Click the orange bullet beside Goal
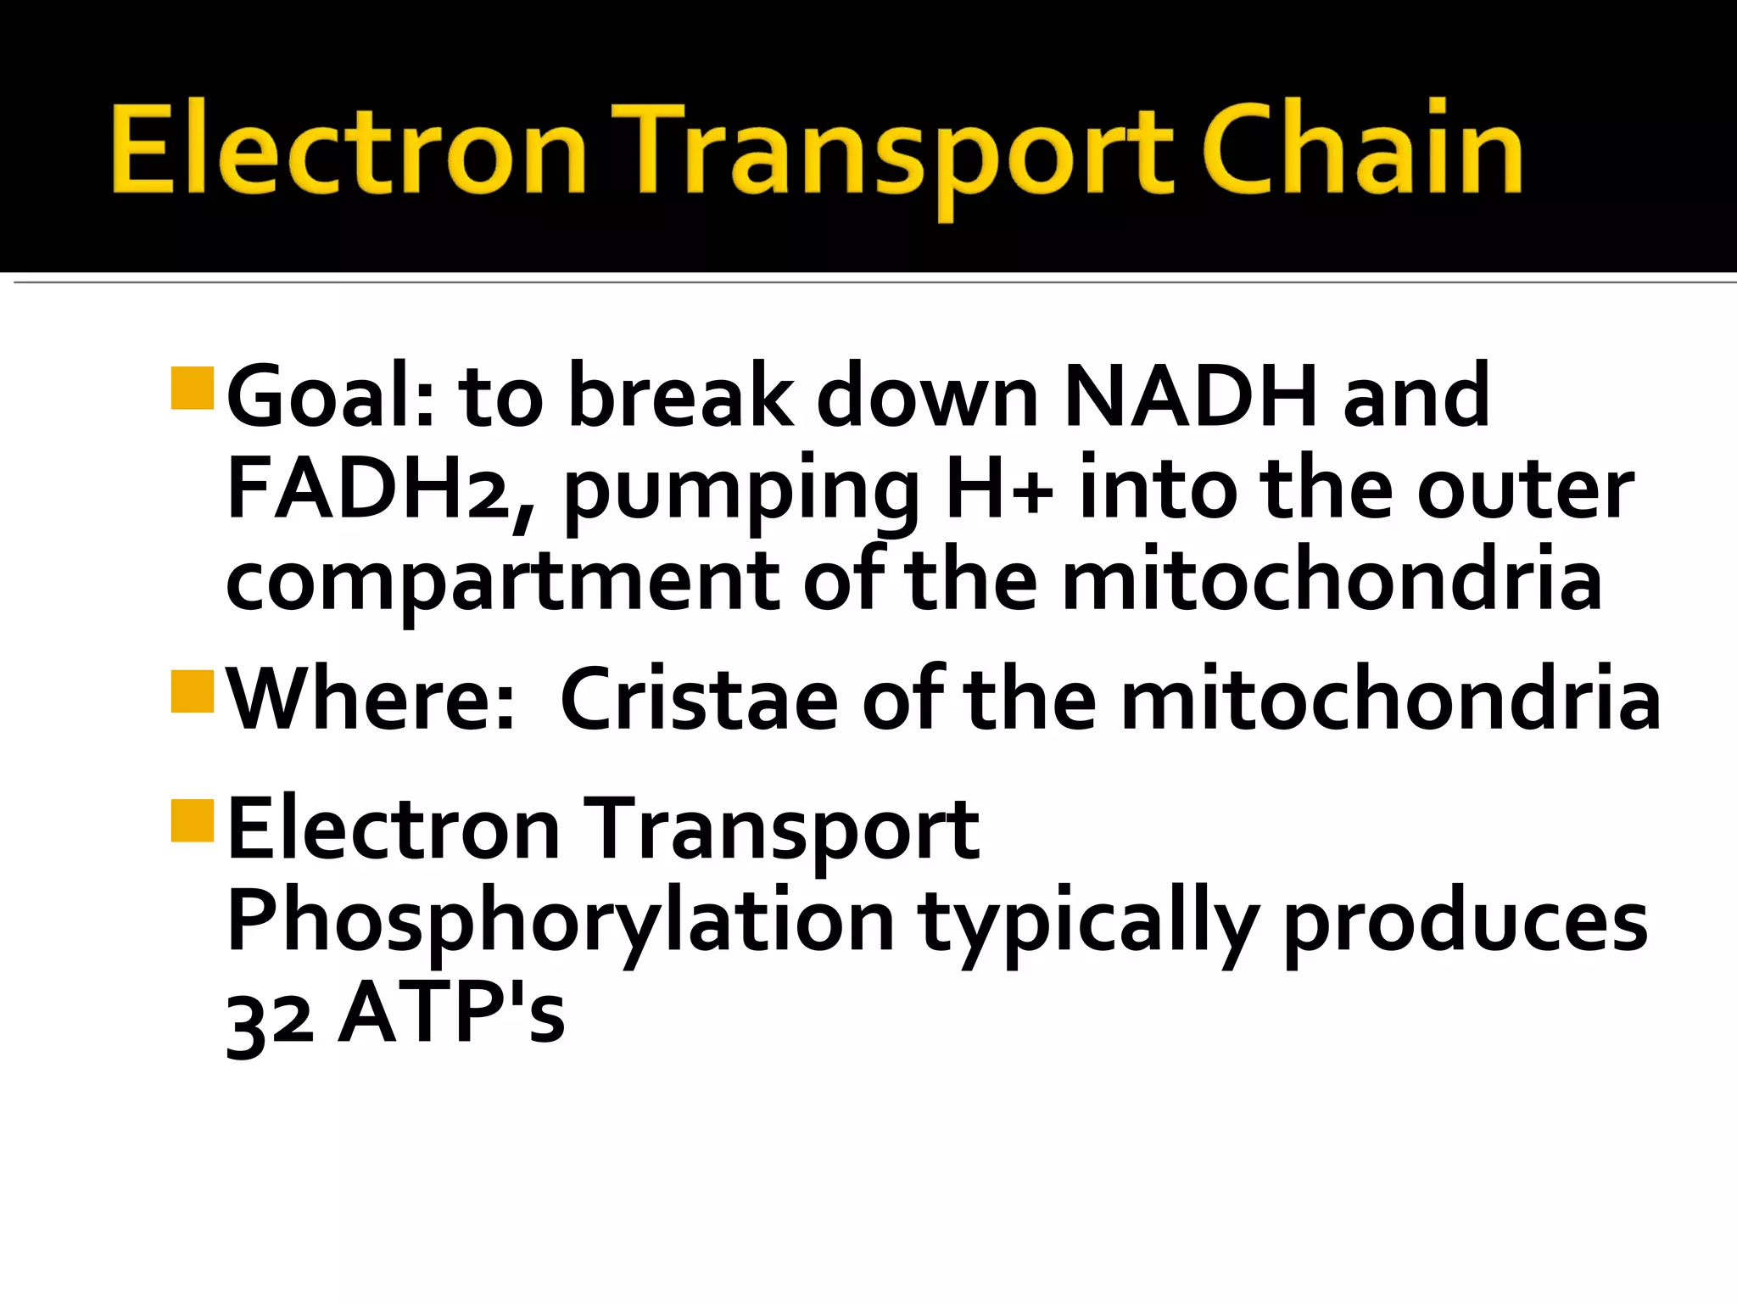click(192, 389)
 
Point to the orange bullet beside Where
click(192, 691)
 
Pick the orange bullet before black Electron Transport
click(192, 819)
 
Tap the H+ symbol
click(1001, 489)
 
